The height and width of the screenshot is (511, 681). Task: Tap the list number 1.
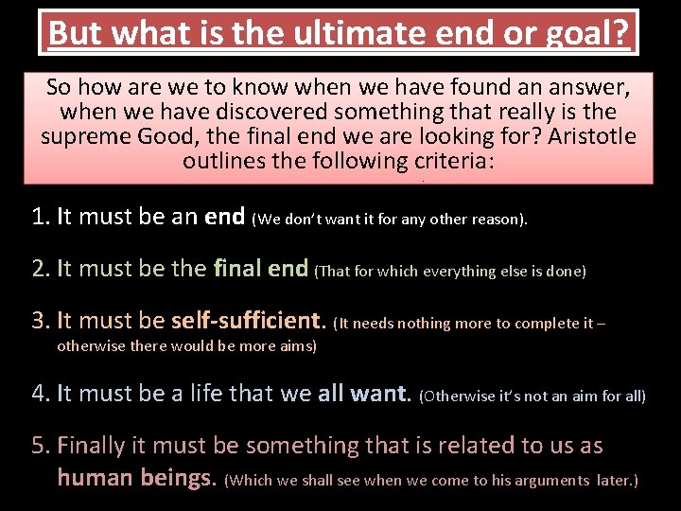point(40,217)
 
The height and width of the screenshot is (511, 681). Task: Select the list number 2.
point(40,270)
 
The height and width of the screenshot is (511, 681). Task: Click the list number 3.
point(40,322)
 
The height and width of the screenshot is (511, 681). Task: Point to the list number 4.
point(40,393)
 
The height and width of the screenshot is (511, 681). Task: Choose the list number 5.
point(40,446)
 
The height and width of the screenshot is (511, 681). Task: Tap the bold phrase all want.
point(364,393)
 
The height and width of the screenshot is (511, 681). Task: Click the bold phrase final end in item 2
point(261,270)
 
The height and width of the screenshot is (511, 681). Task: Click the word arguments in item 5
point(545,481)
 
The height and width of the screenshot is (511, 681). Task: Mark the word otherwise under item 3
point(94,346)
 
